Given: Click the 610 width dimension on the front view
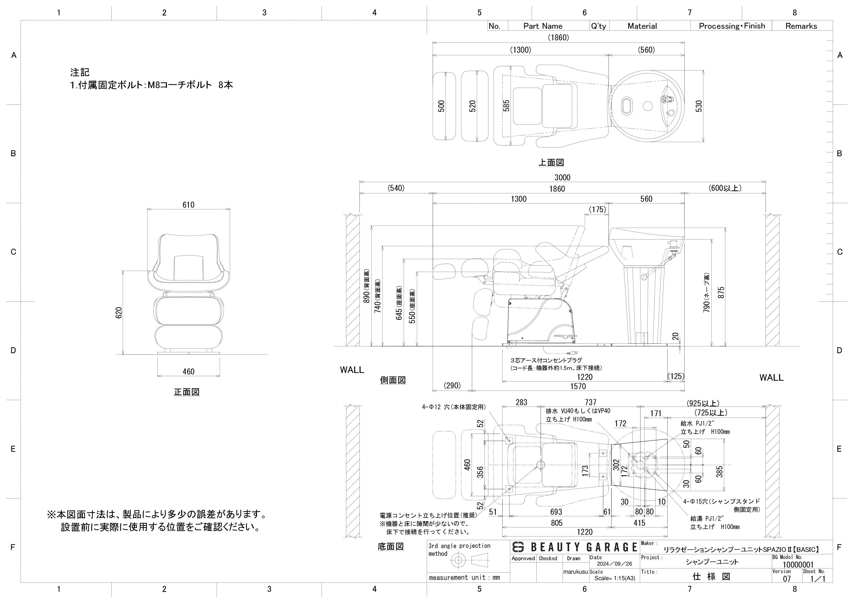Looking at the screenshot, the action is pyautogui.click(x=188, y=205).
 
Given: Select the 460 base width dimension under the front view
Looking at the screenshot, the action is pyautogui.click(x=188, y=371).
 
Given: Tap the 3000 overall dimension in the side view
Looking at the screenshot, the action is pyautogui.click(x=562, y=178).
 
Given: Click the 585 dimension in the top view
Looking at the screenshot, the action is pyautogui.click(x=506, y=106).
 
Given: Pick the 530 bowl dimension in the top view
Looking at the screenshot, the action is pyautogui.click(x=699, y=106).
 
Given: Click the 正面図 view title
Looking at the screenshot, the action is pyautogui.click(x=186, y=392).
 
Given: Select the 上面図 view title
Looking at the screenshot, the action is pyautogui.click(x=551, y=162).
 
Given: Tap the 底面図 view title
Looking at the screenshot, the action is pyautogui.click(x=390, y=546).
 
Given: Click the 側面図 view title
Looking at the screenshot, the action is pyautogui.click(x=393, y=380).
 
